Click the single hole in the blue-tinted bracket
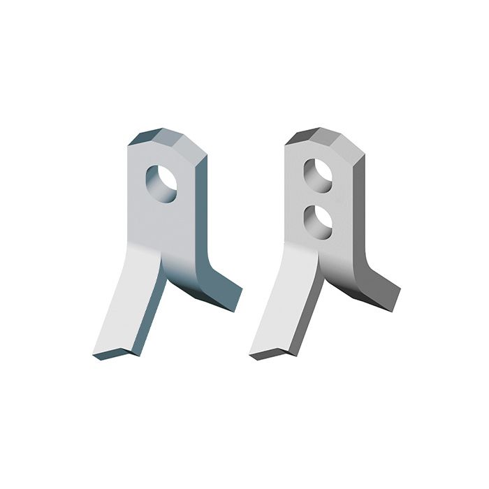(x=161, y=182)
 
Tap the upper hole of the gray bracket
(x=319, y=175)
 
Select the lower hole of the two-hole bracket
(x=319, y=219)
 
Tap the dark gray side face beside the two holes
(x=359, y=210)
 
